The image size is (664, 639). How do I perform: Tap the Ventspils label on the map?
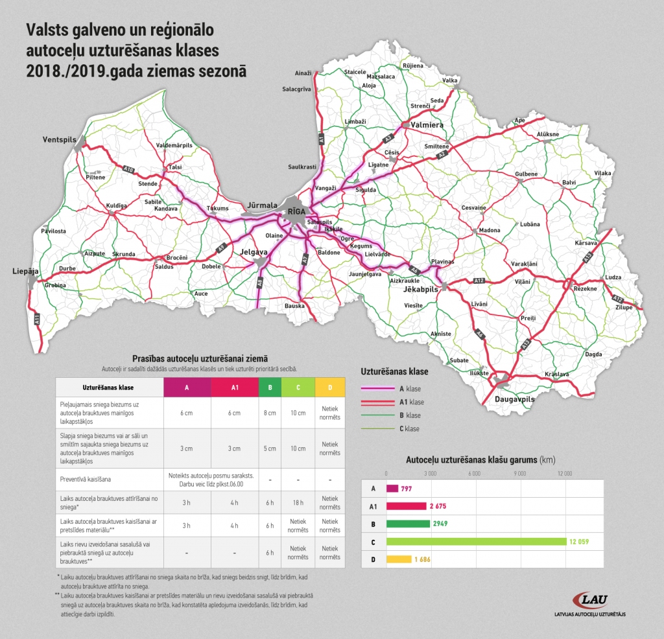click(x=60, y=139)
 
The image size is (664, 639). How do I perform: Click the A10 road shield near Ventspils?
click(x=128, y=170)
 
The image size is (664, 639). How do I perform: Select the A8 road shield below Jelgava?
click(x=259, y=283)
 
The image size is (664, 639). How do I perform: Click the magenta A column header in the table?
click(x=187, y=388)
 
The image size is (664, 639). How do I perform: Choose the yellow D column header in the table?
click(x=330, y=388)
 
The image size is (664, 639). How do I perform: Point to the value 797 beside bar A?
click(x=407, y=489)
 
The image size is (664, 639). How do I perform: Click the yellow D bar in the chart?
click(x=399, y=559)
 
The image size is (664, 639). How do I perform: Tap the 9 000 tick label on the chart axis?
click(x=521, y=473)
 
